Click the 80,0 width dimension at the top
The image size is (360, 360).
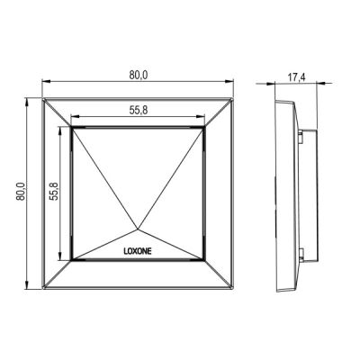139,76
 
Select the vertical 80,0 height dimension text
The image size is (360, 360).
21,192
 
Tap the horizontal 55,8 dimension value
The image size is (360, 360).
139,111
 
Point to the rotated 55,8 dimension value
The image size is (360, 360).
55,192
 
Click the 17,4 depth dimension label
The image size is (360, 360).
297,77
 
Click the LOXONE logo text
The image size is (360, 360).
138,251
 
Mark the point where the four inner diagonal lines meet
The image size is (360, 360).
138,229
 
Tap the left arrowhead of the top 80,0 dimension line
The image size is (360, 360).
46,81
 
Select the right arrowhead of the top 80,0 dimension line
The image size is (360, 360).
229,81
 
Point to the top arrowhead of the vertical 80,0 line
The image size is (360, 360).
27,102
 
